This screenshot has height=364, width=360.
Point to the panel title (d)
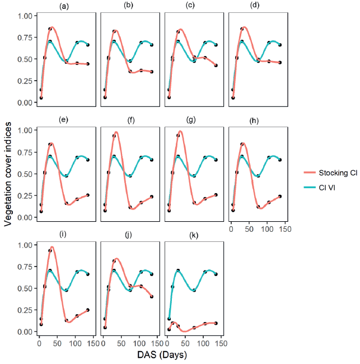point(259,6)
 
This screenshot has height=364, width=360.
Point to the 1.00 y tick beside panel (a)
point(25,16)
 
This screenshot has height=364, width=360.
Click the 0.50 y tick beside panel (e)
point(25,174)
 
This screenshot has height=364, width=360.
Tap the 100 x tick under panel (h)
point(267,228)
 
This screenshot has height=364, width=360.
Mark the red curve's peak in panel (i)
point(52,247)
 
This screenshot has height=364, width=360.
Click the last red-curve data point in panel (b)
point(152,72)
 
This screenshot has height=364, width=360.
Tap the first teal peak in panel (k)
point(179,270)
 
